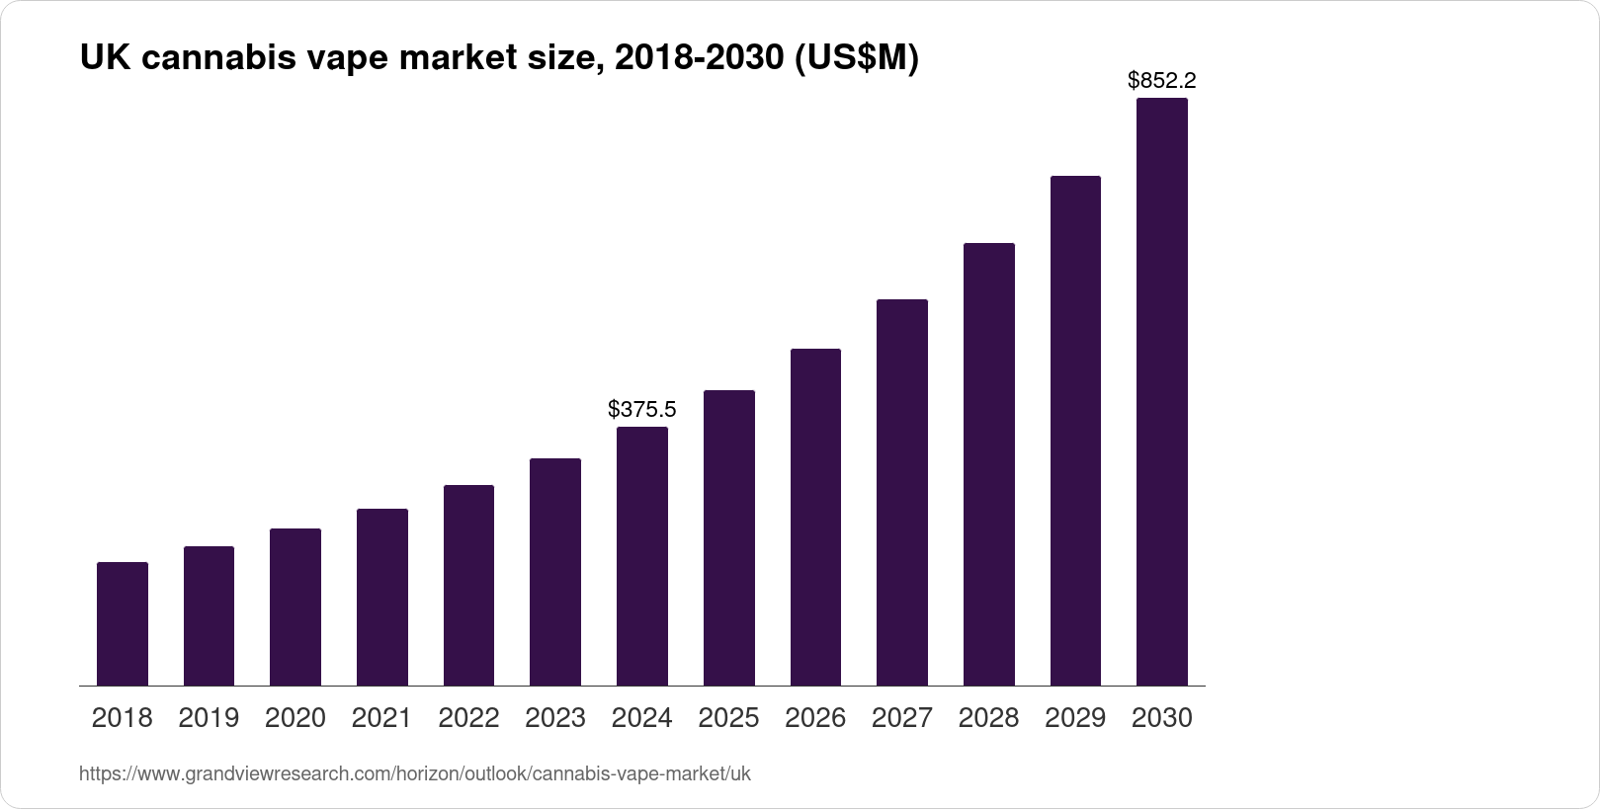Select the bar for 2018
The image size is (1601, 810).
tap(123, 623)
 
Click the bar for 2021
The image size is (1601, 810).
tap(382, 598)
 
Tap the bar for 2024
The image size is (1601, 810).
tap(642, 556)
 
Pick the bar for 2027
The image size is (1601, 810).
tap(902, 492)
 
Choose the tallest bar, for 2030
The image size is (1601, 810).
tap(1162, 391)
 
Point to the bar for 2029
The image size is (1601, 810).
tap(1075, 431)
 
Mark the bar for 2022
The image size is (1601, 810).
tap(468, 585)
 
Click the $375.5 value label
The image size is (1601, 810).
tap(641, 409)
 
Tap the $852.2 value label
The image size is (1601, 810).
tap(1162, 80)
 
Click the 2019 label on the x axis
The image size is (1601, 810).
tap(209, 718)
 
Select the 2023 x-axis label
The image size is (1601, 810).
tap(555, 718)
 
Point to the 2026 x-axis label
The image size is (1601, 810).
tap(815, 718)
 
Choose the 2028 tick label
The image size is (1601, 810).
tap(988, 718)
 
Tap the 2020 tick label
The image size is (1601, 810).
tap(295, 718)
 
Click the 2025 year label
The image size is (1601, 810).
tap(728, 718)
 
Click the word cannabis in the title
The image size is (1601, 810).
tap(218, 56)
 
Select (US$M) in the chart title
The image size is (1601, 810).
tap(857, 57)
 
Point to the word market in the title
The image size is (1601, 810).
tap(459, 56)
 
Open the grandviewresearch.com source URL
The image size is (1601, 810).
tap(414, 773)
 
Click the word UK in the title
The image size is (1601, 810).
tap(105, 56)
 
